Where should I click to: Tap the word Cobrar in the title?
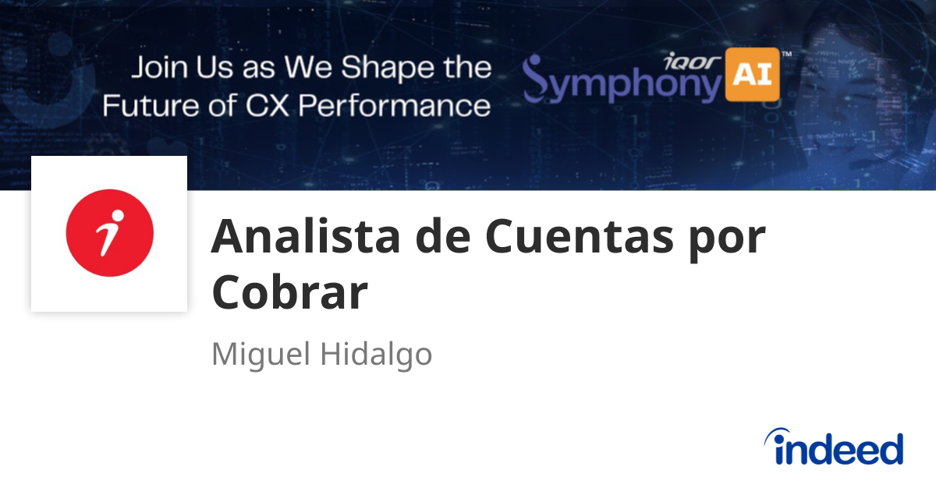tap(289, 293)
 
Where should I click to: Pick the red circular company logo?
tap(109, 233)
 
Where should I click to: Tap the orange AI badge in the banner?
tap(753, 76)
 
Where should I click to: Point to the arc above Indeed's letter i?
tap(780, 435)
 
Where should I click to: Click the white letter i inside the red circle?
tap(110, 233)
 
